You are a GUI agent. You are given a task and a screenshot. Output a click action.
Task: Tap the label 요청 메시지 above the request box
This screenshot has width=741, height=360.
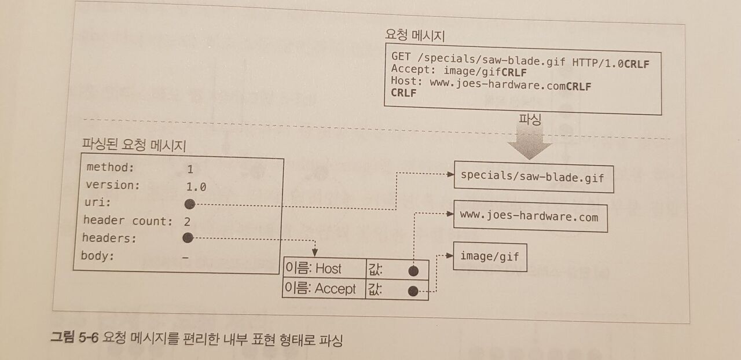[x=414, y=35]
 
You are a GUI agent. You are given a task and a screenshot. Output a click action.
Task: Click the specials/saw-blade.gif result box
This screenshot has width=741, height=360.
[x=533, y=178]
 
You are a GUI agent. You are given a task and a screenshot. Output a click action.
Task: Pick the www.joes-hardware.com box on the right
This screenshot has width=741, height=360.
[x=529, y=216]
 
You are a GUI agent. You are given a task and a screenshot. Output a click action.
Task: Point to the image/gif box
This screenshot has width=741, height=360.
[x=490, y=256]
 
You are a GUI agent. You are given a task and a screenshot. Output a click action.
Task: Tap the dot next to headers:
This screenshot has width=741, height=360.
[x=186, y=237]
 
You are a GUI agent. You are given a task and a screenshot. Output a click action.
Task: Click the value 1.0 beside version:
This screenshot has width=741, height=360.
[x=196, y=187]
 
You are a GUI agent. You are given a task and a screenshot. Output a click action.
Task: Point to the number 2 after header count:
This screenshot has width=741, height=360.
[x=187, y=221]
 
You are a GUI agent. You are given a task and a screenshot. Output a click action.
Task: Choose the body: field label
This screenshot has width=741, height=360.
[x=97, y=256]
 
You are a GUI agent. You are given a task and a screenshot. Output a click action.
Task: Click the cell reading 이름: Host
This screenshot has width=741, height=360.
[x=314, y=269]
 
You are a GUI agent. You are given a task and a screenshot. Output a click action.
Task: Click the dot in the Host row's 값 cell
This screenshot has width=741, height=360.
[x=413, y=271]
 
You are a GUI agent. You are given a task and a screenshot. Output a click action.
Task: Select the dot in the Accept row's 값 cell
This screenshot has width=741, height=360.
[x=413, y=291]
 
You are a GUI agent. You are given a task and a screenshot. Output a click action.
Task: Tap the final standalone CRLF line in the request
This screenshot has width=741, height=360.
[x=403, y=93]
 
